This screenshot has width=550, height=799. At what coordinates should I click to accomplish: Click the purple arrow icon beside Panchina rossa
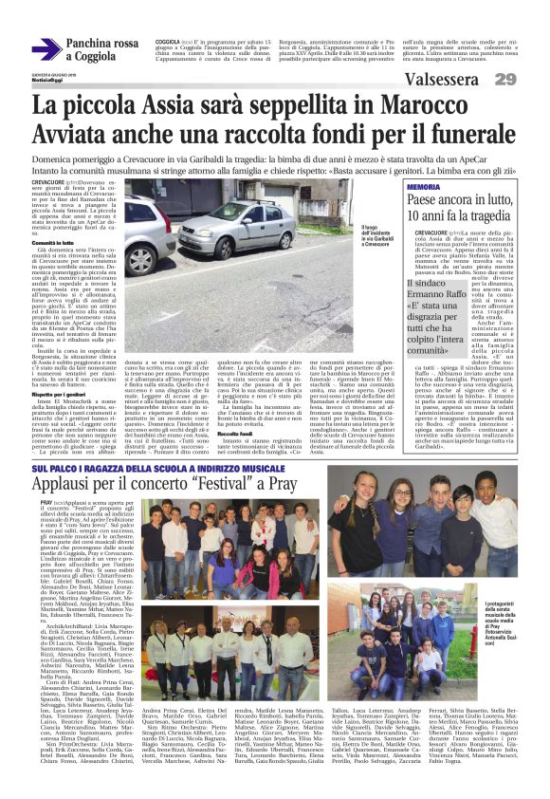[46, 47]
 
